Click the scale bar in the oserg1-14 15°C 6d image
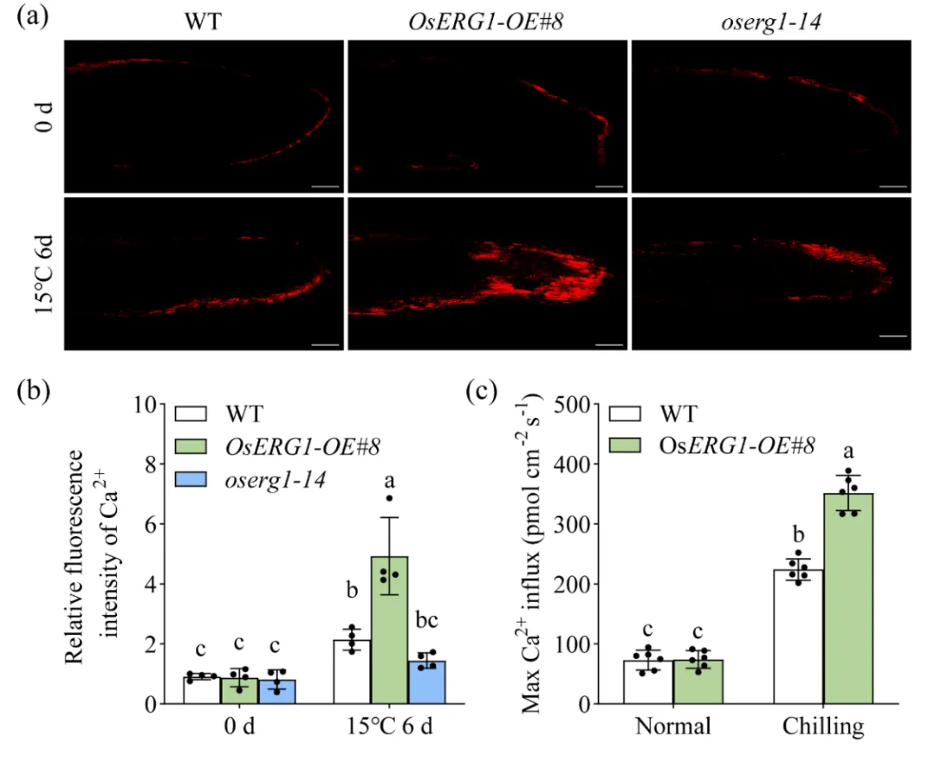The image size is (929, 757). [x=894, y=336]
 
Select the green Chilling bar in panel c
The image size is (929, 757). [x=848, y=598]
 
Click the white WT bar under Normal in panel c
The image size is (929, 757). [x=648, y=682]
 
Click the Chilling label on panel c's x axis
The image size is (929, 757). [x=823, y=727]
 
